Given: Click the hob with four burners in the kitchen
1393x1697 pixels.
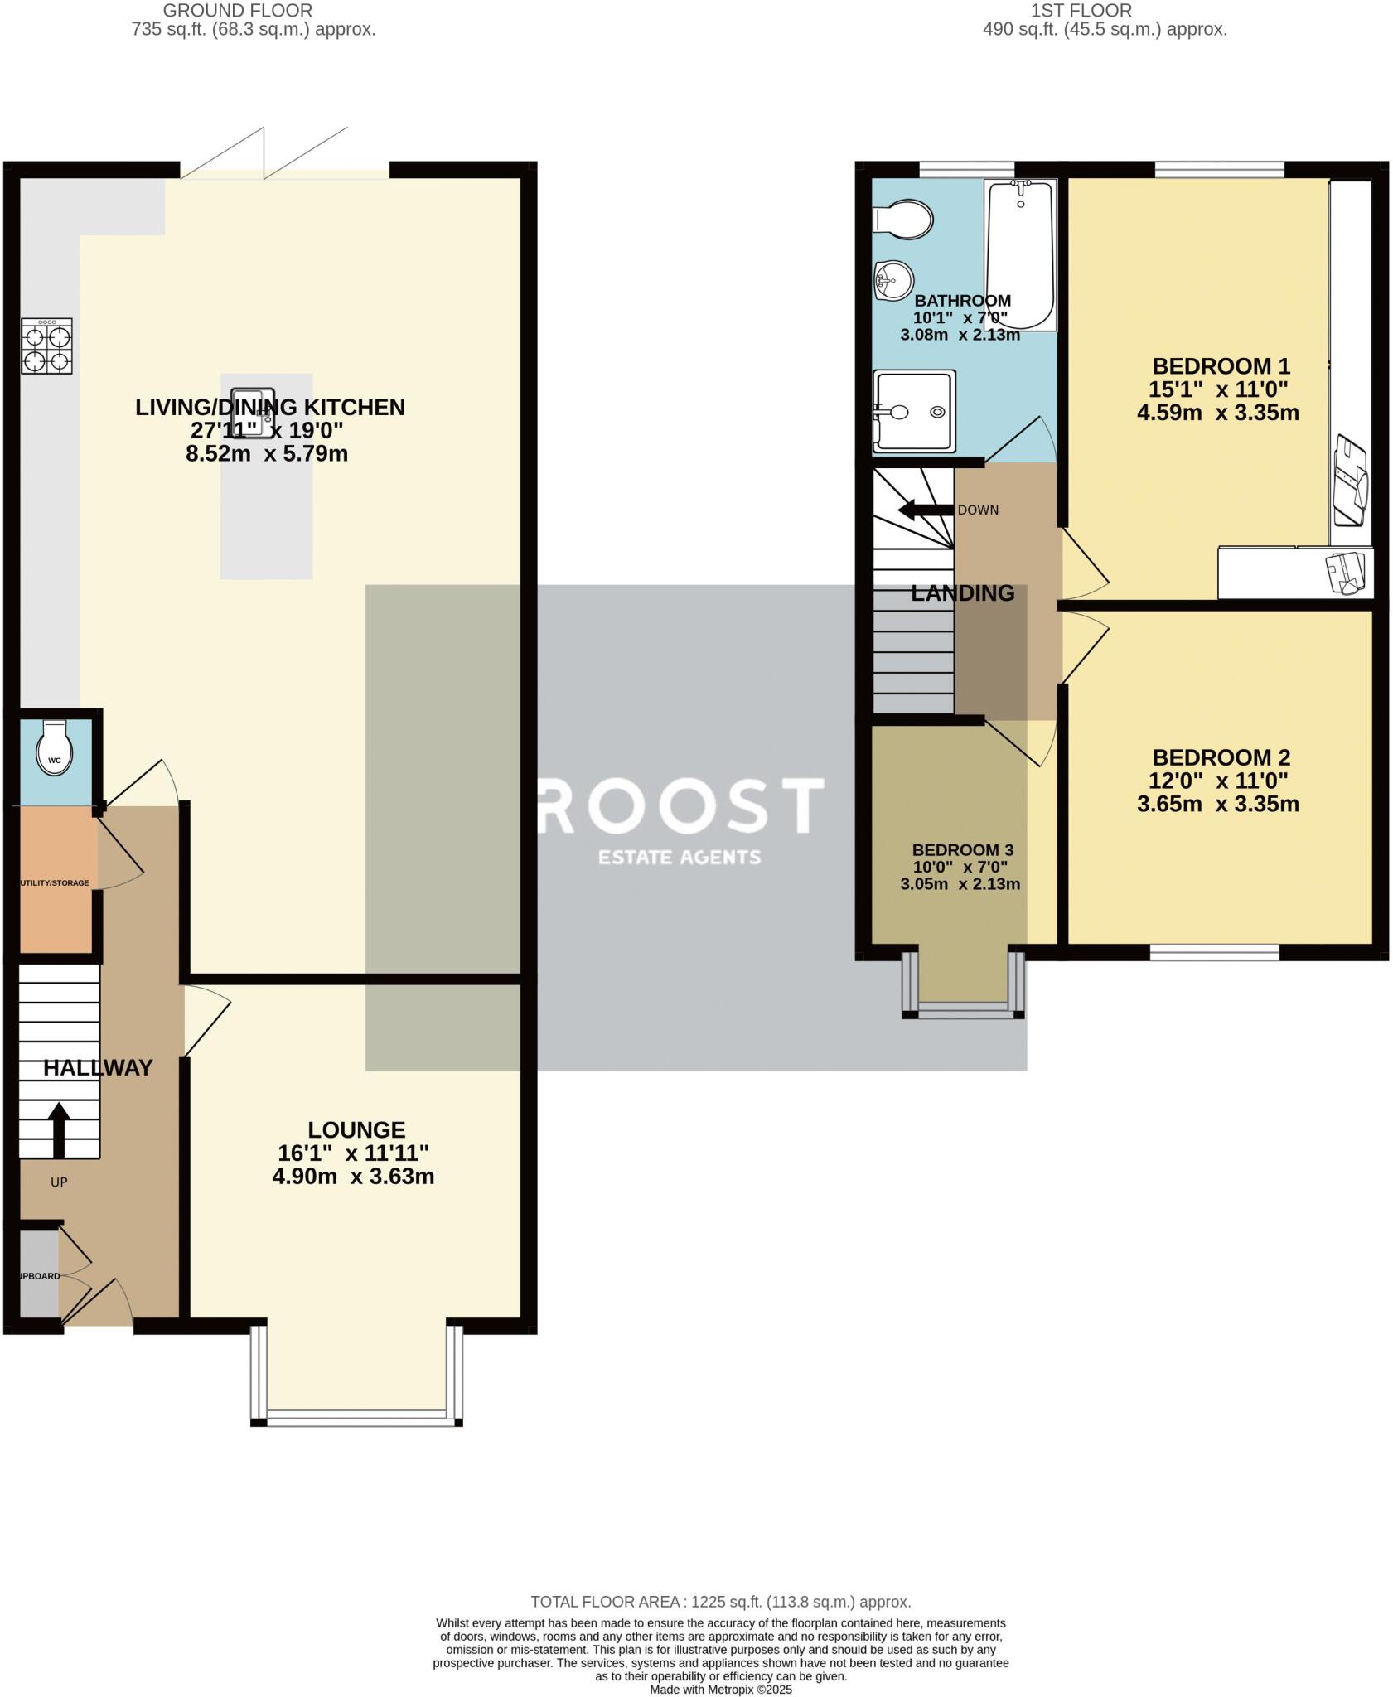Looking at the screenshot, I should (47, 347).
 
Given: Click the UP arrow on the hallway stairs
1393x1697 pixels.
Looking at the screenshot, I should (58, 1129).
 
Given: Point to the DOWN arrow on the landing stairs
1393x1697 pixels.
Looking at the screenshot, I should (925, 510).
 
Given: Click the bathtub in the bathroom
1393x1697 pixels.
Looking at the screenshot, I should (1020, 255).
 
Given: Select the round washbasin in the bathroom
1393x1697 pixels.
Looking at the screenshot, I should (892, 279).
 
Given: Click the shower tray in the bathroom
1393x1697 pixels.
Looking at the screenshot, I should (913, 412).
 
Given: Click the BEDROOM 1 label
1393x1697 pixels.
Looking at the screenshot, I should (1221, 366).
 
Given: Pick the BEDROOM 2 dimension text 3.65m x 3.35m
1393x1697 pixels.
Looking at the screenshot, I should (1217, 804).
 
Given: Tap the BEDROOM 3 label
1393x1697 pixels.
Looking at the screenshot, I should (962, 850).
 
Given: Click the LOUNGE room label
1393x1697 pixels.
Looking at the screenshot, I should (356, 1129).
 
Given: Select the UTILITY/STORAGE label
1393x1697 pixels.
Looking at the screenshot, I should (54, 883).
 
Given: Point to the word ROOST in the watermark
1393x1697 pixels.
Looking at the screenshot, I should (681, 805).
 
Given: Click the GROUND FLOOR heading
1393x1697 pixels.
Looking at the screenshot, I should (237, 11).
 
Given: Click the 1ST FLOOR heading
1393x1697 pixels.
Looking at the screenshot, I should (1081, 11).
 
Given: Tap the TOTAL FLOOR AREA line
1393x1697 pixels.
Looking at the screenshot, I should (720, 1602).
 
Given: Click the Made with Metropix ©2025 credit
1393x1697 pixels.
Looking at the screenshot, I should (720, 1690).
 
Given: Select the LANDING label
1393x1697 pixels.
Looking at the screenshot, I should (962, 593).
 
